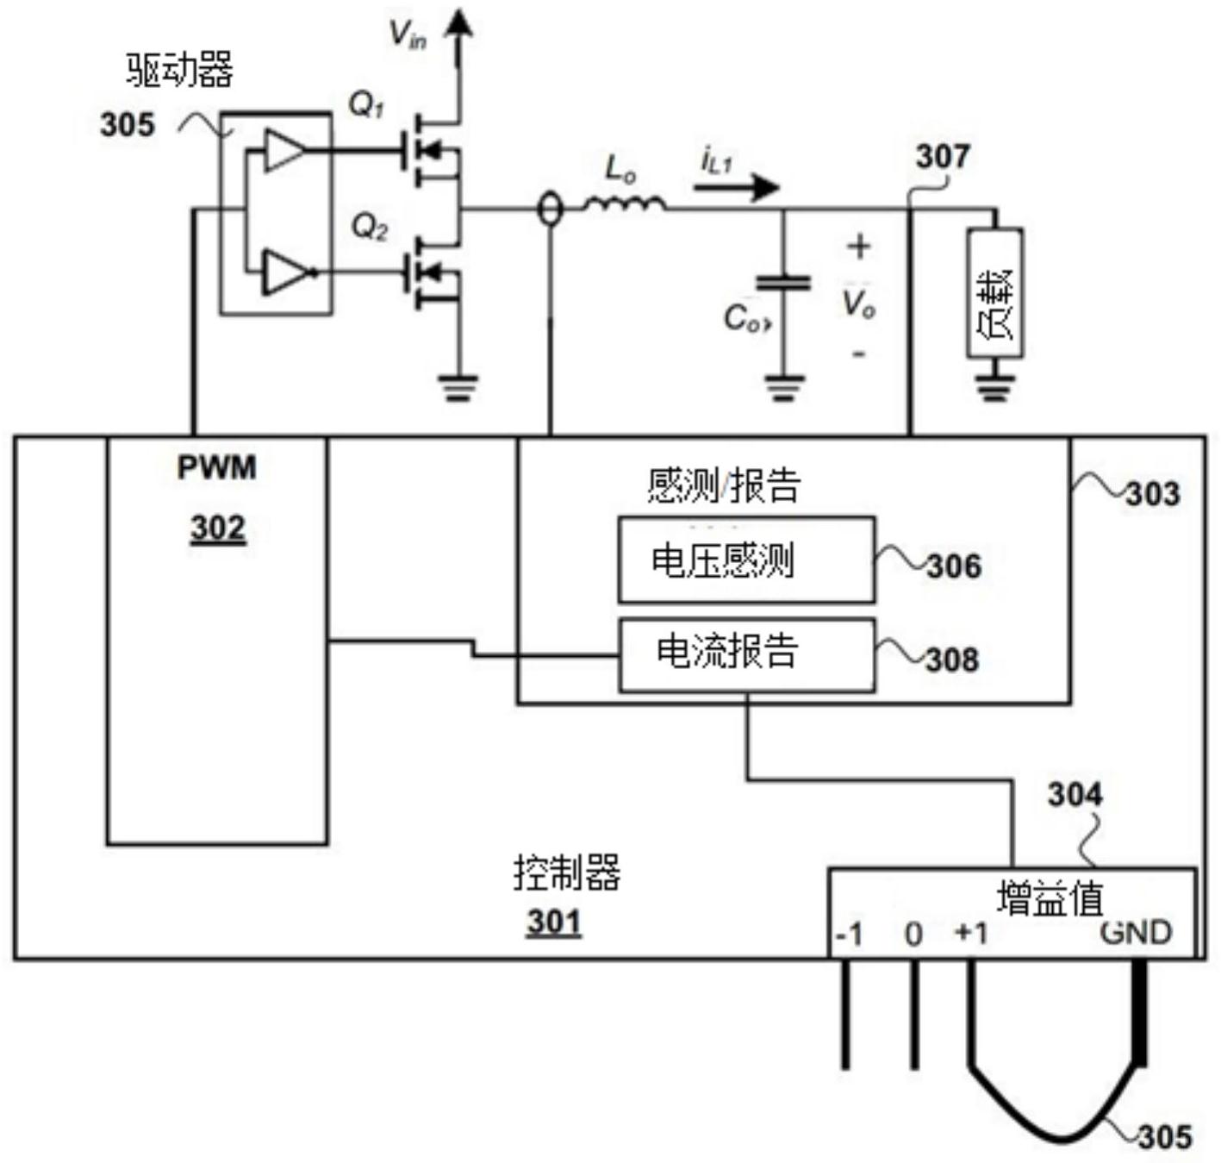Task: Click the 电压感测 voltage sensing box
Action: point(746,560)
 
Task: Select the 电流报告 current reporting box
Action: point(746,654)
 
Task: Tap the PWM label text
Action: point(216,467)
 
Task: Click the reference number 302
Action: point(218,527)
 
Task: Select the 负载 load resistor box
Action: point(995,293)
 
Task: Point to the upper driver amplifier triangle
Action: point(283,151)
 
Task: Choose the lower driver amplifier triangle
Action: point(284,272)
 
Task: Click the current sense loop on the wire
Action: point(550,209)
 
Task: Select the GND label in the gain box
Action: point(1136,933)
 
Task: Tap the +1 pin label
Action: point(971,933)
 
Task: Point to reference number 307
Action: point(942,157)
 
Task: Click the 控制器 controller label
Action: point(567,872)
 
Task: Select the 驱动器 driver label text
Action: point(179,70)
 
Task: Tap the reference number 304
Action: point(1074,794)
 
